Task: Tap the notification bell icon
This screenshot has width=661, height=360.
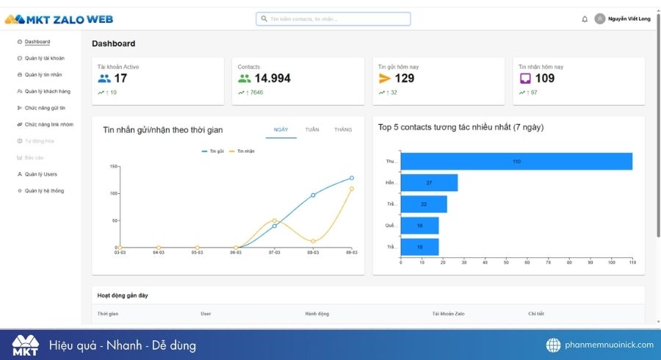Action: point(585,19)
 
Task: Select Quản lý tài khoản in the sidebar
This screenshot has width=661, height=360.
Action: point(44,58)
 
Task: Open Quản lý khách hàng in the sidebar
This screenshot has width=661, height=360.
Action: point(47,91)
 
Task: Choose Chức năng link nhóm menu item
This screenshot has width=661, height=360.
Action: point(48,124)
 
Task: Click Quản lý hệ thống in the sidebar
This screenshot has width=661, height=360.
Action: point(44,191)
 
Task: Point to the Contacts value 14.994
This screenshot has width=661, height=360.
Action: point(272,79)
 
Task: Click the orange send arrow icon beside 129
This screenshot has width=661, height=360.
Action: point(385,79)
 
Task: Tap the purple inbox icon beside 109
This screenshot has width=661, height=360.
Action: point(525,79)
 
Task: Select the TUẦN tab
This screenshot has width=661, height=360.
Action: point(312,129)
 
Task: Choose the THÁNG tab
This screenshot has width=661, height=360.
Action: point(343,129)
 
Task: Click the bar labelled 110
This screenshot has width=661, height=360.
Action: point(516,161)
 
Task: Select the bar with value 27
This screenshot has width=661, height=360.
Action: point(429,182)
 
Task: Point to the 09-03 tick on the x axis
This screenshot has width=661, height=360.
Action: point(352,253)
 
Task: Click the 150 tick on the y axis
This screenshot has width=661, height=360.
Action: point(114,166)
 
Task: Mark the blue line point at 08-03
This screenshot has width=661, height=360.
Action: point(313,195)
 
